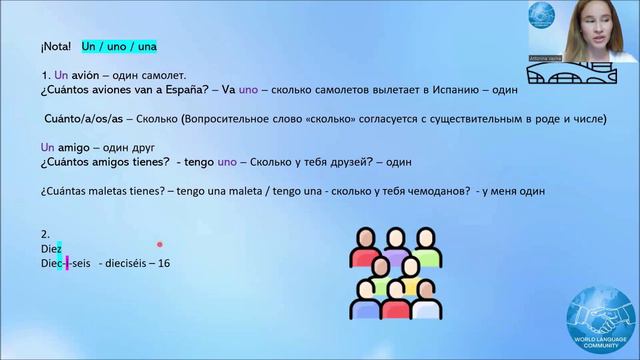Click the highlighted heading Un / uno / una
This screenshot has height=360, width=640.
pos(119,47)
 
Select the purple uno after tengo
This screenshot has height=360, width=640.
pos(227,161)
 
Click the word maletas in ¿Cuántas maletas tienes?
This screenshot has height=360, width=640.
pos(112,190)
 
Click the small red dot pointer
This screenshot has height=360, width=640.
pos(160,243)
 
